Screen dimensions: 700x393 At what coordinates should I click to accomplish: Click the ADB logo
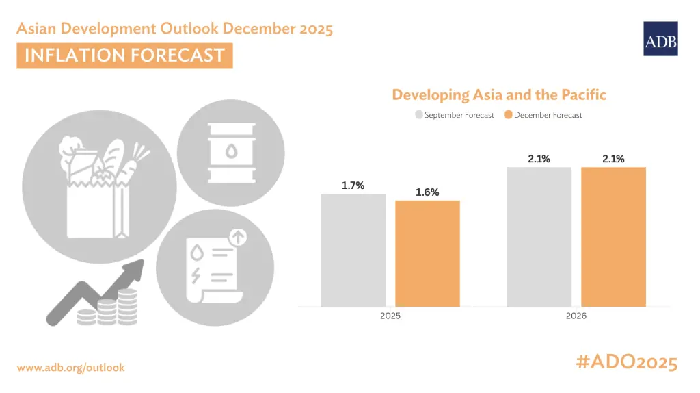[x=660, y=39]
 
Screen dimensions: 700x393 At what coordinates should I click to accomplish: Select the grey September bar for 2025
[x=353, y=250]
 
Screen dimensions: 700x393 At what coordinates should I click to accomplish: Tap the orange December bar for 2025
[x=427, y=253]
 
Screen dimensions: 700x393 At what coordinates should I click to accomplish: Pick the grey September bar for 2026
[x=539, y=237]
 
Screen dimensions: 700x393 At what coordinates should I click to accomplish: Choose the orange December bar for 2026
[x=613, y=237]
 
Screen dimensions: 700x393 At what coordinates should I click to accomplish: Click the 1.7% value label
[x=353, y=186]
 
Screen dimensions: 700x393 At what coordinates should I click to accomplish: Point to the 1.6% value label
[x=427, y=192]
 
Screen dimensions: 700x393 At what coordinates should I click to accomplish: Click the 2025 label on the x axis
[x=390, y=316]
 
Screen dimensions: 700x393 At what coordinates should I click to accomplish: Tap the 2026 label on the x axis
[x=576, y=316]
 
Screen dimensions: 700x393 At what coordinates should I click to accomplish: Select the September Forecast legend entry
[x=455, y=115]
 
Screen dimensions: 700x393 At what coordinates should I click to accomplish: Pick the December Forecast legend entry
[x=543, y=115]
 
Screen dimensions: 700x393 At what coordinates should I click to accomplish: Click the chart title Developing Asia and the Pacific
[x=499, y=94]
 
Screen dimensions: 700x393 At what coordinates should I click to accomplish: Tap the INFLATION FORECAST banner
[x=124, y=55]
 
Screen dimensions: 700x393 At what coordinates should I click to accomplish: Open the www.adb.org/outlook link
[x=70, y=368]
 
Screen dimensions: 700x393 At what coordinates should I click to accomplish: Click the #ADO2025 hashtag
[x=627, y=362]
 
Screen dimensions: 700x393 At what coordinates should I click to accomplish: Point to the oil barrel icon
[x=231, y=153]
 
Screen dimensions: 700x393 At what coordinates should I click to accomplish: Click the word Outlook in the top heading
[x=190, y=28]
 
